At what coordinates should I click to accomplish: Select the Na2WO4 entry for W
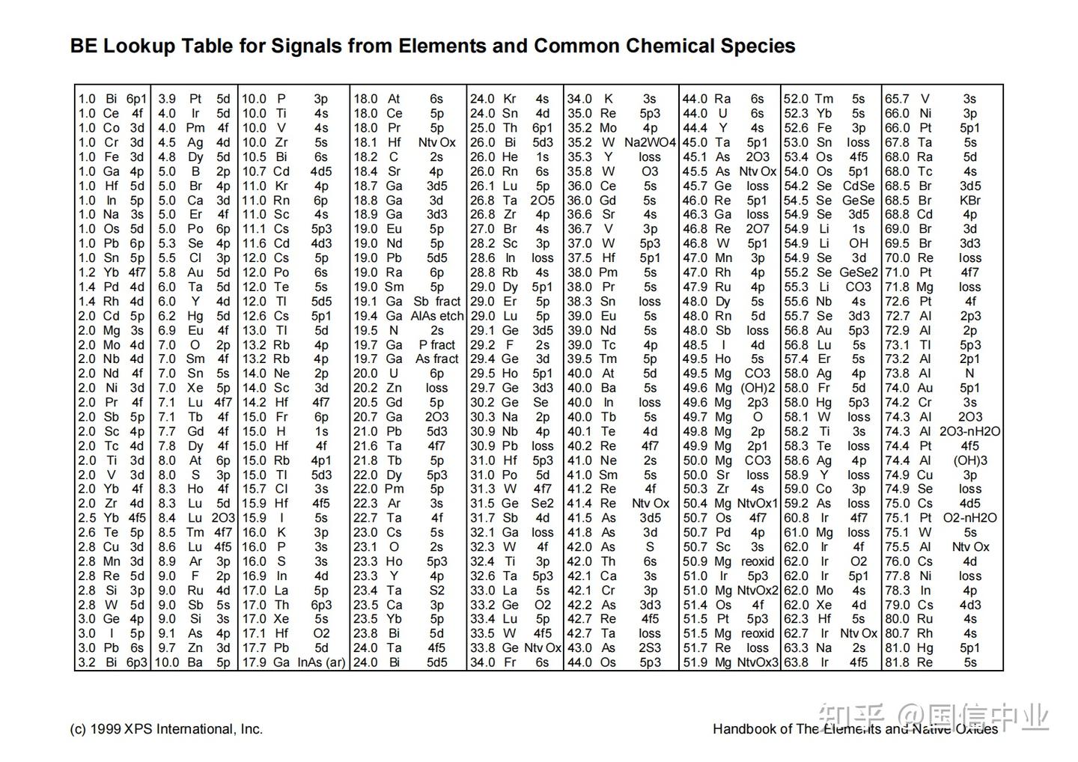point(650,142)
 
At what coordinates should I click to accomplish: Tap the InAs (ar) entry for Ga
point(321,662)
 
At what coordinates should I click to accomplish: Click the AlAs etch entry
point(436,316)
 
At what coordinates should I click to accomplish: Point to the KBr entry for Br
point(969,201)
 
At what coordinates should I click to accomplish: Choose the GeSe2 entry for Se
point(858,272)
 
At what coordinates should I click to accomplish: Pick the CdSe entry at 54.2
point(858,186)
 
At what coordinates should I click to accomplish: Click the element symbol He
point(510,157)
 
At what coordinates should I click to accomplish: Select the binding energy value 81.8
point(897,662)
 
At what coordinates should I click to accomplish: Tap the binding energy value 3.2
point(87,662)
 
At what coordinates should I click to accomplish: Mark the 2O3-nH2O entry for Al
point(969,431)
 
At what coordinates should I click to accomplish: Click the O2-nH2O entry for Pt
point(969,518)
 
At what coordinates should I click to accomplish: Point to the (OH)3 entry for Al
point(969,460)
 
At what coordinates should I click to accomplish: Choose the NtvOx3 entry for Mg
point(757,662)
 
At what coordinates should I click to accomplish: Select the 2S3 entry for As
point(650,648)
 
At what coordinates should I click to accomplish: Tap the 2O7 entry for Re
point(757,229)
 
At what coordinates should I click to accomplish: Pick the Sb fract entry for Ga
point(436,301)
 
